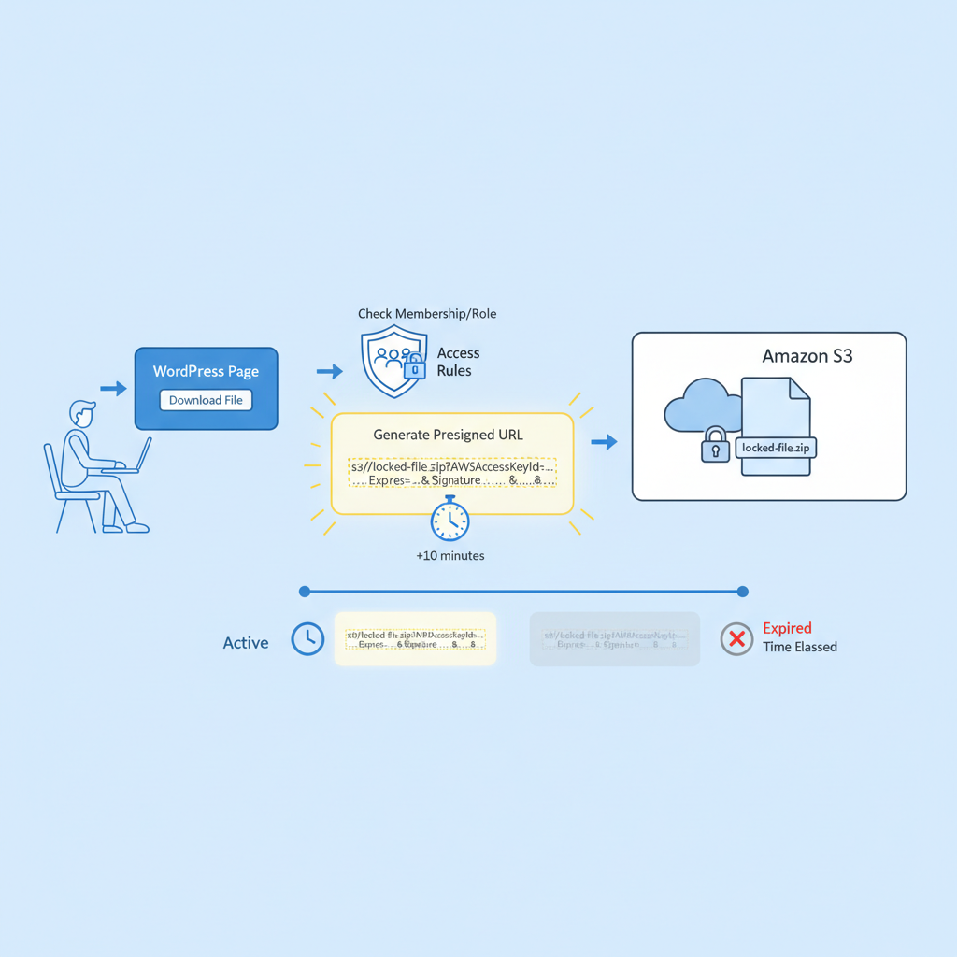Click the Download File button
(206, 400)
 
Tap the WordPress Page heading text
(206, 371)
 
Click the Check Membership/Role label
(427, 314)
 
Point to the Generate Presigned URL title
(448, 435)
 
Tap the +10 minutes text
(450, 555)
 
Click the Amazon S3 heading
(807, 356)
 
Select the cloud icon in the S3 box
(699, 406)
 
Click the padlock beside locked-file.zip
(715, 446)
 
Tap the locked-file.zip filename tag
(777, 448)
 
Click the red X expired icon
(736, 639)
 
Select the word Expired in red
(787, 628)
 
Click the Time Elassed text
(799, 647)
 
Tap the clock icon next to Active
(307, 639)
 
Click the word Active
(246, 643)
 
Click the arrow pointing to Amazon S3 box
(605, 441)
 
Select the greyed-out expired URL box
(614, 639)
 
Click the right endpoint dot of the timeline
(742, 592)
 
